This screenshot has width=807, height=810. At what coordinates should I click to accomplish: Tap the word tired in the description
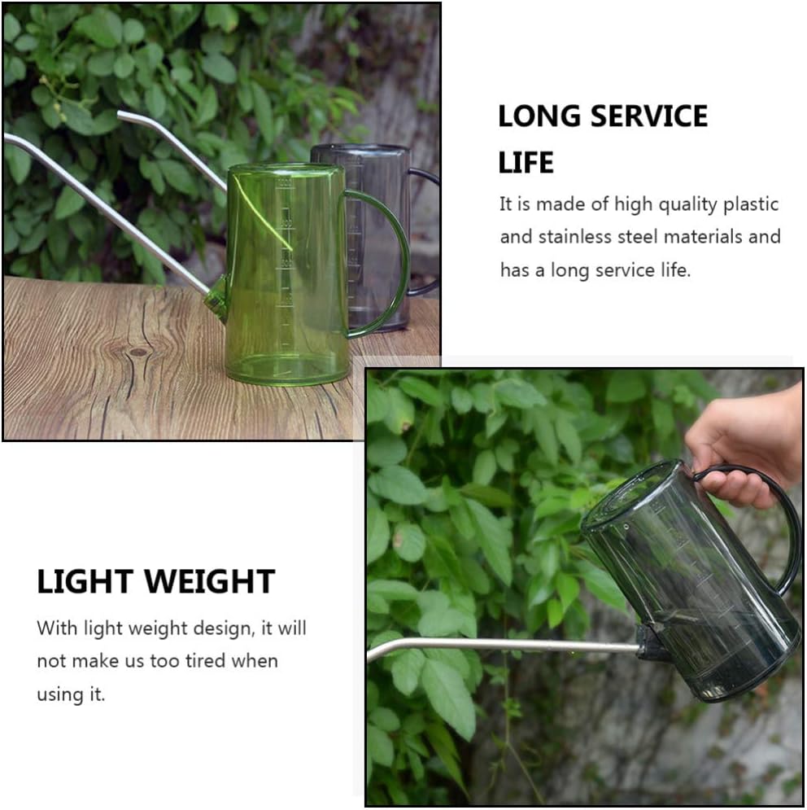pyautogui.click(x=190, y=660)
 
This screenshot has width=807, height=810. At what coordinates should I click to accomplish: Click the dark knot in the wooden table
pyautogui.click(x=139, y=352)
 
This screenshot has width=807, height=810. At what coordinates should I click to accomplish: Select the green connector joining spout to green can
pyautogui.click(x=217, y=297)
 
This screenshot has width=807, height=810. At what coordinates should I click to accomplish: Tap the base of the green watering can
pyautogui.click(x=287, y=370)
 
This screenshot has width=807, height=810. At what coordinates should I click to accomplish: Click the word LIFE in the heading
pyautogui.click(x=526, y=163)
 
